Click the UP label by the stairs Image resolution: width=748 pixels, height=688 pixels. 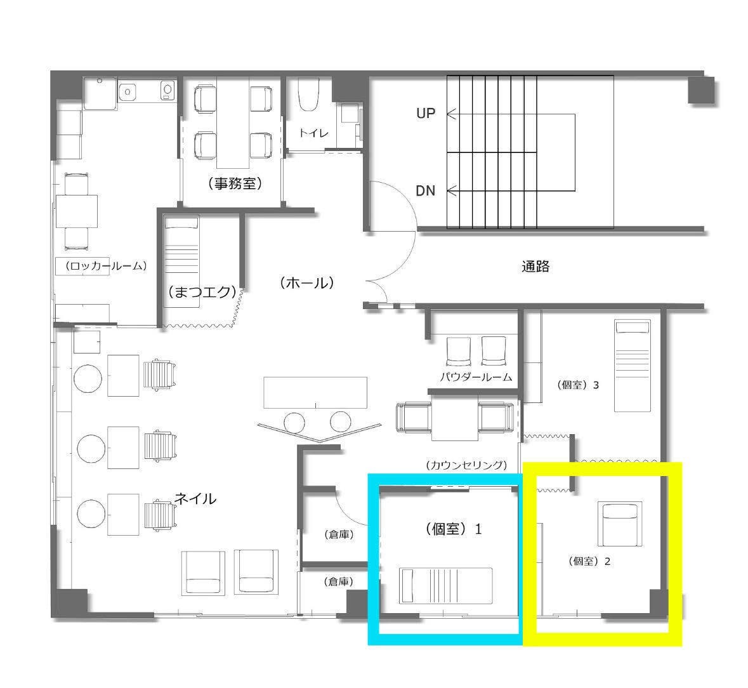point(426,114)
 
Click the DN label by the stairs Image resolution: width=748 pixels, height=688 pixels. point(426,191)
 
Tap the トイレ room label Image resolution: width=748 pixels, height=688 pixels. point(314,133)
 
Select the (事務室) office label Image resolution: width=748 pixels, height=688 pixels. point(235,183)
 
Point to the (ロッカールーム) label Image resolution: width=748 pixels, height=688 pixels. point(106,266)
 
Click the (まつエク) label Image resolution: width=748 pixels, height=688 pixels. point(202,291)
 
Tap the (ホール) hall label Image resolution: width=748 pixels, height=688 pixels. point(306,283)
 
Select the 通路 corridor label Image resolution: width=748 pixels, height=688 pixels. point(535,266)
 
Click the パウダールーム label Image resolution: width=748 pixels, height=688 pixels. point(476,377)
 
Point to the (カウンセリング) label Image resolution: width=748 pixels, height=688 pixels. point(466,465)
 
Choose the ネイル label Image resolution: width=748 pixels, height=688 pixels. point(195,499)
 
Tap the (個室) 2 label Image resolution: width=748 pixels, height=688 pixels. point(589,561)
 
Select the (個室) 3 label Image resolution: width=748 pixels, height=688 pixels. point(578,385)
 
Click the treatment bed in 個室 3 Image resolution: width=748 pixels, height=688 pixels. point(632,366)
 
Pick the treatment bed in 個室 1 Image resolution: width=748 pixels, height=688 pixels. point(445,585)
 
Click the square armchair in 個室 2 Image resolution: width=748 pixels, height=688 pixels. point(620,524)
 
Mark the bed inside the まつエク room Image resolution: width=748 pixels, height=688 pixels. point(181,262)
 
